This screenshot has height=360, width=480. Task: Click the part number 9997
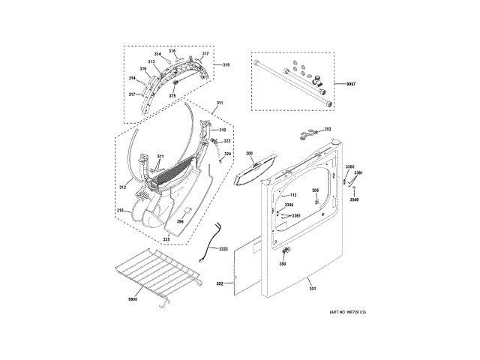(x=351, y=85)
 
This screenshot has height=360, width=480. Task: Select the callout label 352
(x=328, y=128)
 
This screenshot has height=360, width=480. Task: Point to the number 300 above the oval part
(x=249, y=154)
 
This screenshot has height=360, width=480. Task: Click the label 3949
(x=355, y=199)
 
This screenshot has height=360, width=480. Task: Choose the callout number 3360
(x=349, y=166)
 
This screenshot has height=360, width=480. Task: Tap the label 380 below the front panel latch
(x=283, y=264)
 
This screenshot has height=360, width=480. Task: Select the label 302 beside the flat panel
(x=220, y=283)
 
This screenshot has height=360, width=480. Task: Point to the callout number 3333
(x=223, y=248)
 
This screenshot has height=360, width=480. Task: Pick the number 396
(x=180, y=221)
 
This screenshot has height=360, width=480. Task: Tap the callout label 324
(x=228, y=154)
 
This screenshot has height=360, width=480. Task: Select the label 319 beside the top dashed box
(x=226, y=66)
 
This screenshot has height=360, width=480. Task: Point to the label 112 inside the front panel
(x=292, y=195)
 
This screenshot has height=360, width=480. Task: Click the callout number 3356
(x=289, y=205)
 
